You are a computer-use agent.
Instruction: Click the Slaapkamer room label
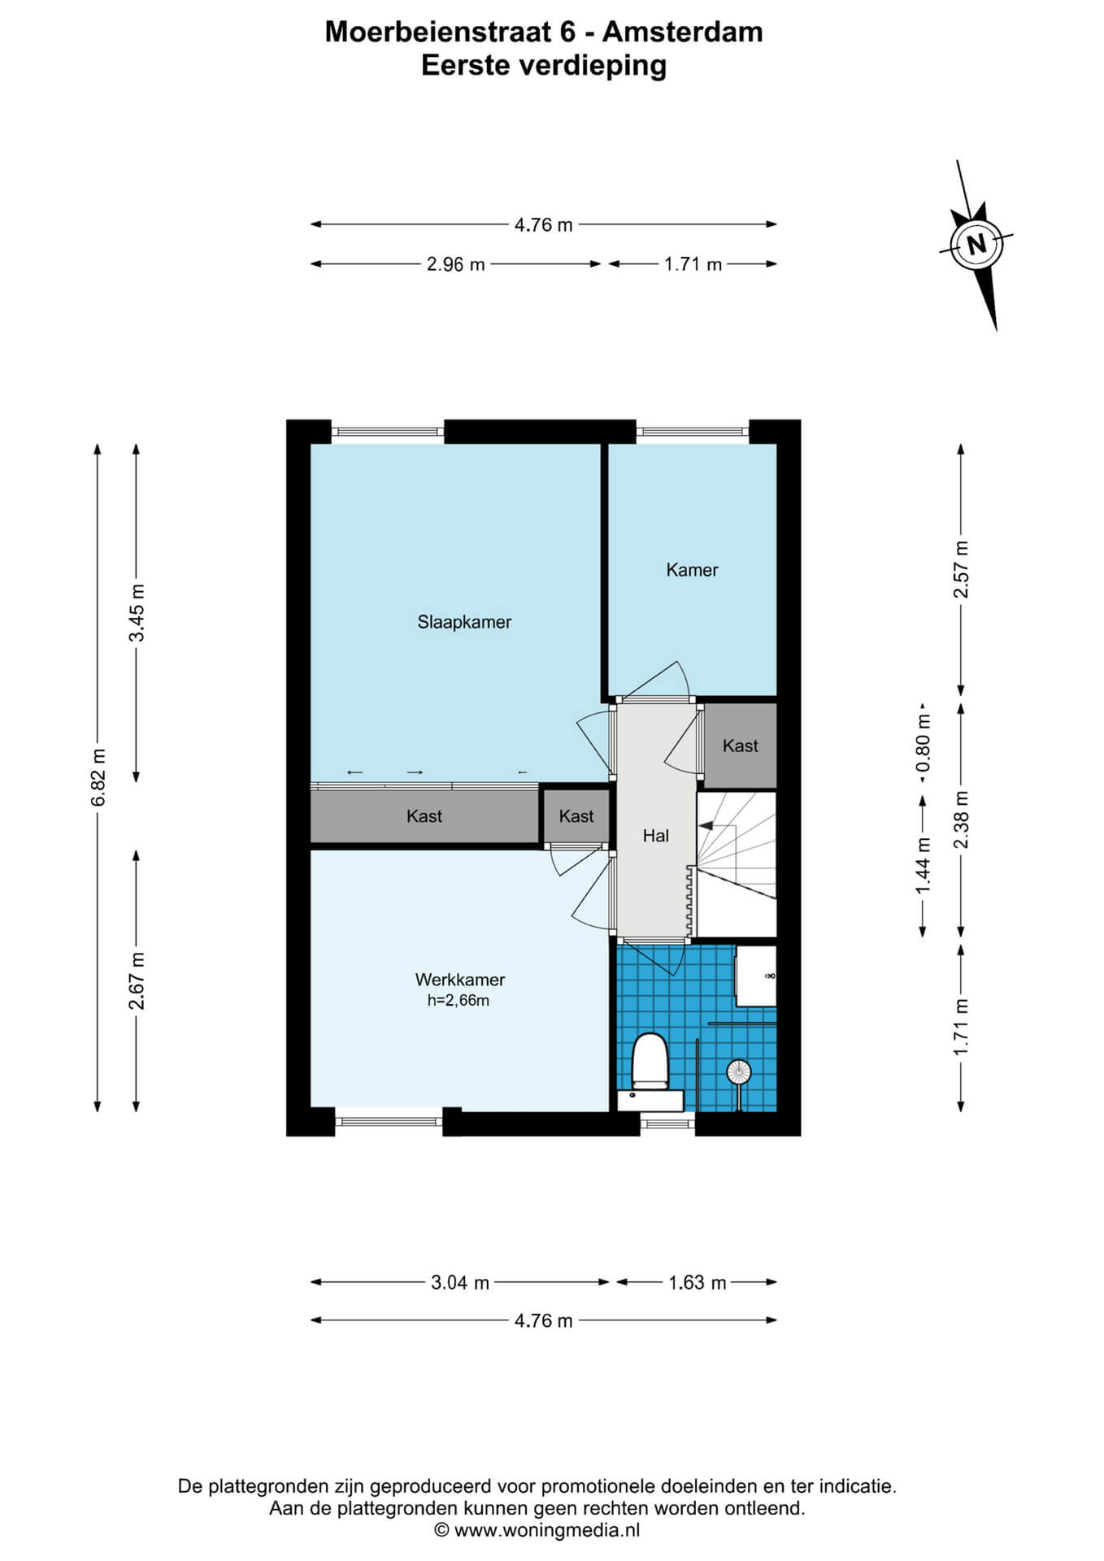tap(464, 623)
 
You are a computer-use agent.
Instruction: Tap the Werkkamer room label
tap(460, 981)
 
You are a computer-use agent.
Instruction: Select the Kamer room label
tap(692, 570)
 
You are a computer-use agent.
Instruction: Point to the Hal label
tap(656, 836)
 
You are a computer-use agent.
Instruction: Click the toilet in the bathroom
tap(650, 1061)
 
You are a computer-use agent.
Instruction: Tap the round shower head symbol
tap(738, 1072)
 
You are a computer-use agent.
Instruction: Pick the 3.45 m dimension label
tap(137, 613)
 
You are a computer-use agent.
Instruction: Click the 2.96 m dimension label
tap(456, 264)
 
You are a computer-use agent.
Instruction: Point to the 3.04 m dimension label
tap(460, 1283)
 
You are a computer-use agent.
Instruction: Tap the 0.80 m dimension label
tap(922, 744)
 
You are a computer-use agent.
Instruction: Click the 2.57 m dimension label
tap(962, 569)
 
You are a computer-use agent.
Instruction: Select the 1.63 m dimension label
tap(698, 1283)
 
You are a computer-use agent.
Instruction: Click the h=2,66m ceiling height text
tap(459, 1001)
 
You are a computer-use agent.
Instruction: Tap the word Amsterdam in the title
tap(683, 33)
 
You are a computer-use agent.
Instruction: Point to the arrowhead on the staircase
tap(706, 825)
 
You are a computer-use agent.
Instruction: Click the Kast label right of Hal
tap(740, 746)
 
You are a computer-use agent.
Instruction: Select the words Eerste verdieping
tap(544, 66)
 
